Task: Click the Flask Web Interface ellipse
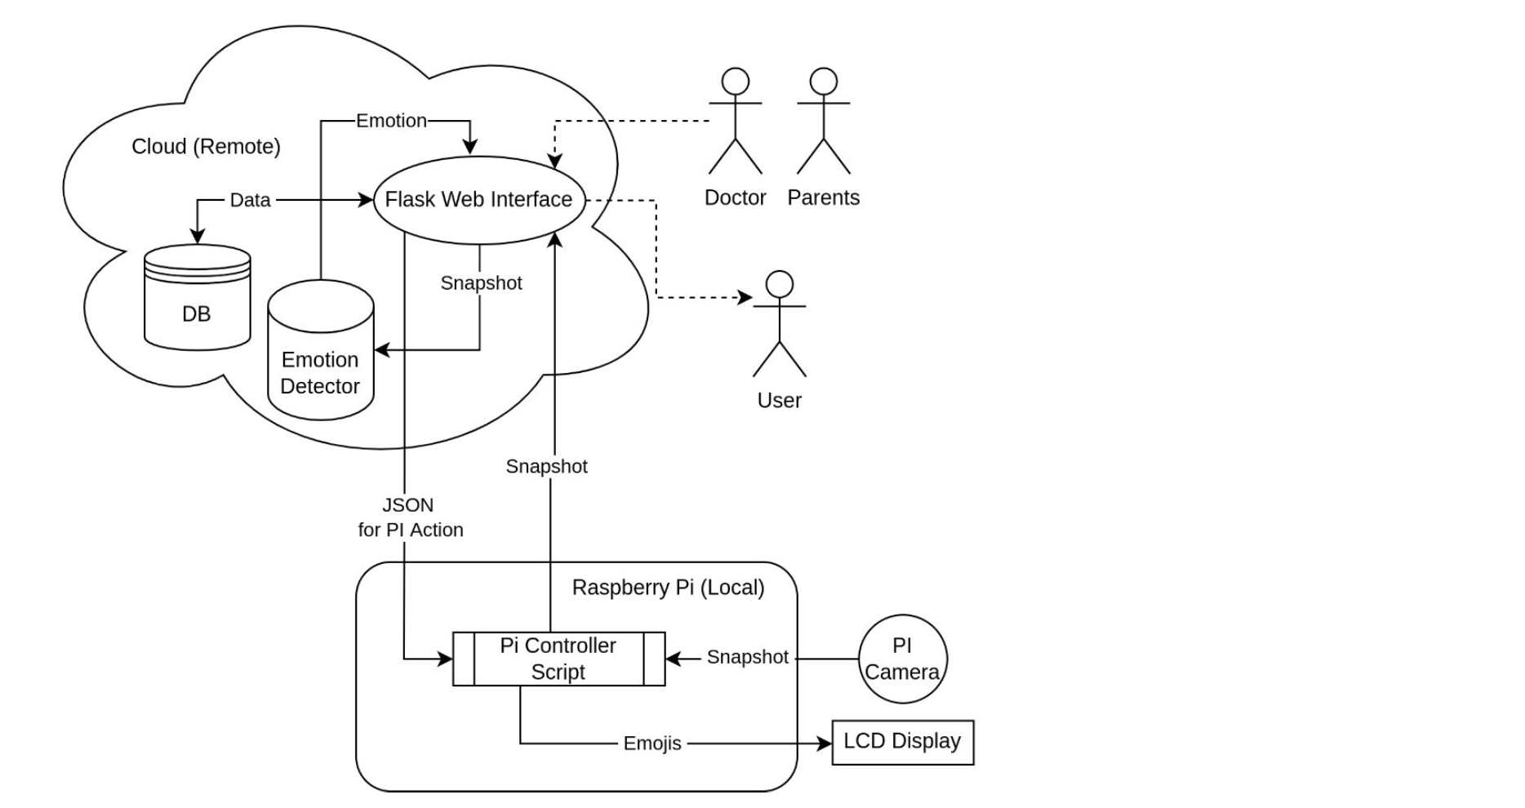coord(479,200)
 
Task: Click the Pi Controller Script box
coord(558,659)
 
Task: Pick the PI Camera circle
coord(902,659)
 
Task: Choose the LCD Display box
coord(902,742)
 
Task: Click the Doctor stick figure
coord(736,122)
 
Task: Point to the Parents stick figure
coord(823,122)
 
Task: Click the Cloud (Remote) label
coord(206,147)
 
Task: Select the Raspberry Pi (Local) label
coord(668,588)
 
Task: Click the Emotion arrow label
coord(391,121)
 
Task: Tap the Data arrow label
coord(250,200)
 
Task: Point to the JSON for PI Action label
coord(410,517)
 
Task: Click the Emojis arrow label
coord(651,744)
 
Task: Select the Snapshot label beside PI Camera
coord(747,657)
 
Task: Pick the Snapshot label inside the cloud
coord(481,283)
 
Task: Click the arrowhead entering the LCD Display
coord(825,744)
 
